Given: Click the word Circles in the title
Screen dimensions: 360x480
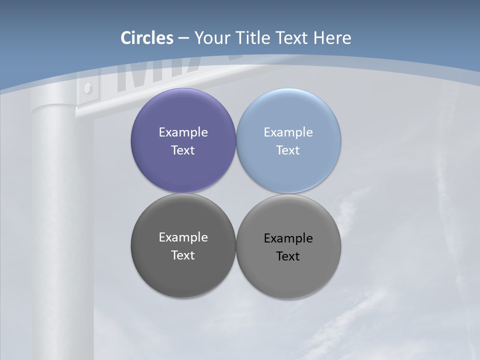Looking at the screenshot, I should click(x=147, y=38).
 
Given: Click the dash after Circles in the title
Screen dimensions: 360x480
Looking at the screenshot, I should click(x=183, y=38).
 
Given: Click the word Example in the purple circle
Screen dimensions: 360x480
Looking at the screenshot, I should click(x=183, y=132).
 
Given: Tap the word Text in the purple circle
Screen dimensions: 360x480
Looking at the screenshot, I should click(x=183, y=150).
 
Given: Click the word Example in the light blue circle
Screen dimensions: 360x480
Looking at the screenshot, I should click(x=288, y=132).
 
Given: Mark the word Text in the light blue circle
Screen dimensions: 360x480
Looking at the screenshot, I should click(x=288, y=150).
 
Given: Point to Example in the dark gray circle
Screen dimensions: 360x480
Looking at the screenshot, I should click(x=183, y=237).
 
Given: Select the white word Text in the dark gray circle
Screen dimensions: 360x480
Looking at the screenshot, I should click(x=183, y=255).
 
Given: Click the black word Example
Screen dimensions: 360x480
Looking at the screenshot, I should click(x=288, y=238).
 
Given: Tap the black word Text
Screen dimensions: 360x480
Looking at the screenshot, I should click(x=288, y=256).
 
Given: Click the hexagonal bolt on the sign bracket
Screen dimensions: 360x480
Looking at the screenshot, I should click(x=88, y=89).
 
